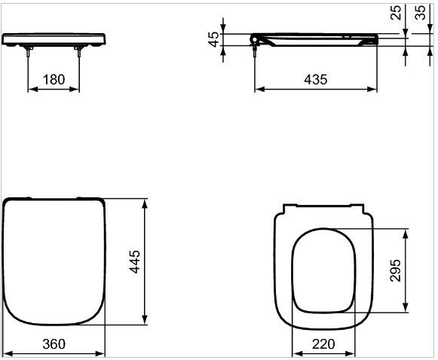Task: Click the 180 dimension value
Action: pyautogui.click(x=54, y=80)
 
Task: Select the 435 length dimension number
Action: pyautogui.click(x=316, y=80)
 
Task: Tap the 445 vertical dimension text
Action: pyautogui.click(x=135, y=261)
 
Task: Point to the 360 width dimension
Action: pyautogui.click(x=54, y=344)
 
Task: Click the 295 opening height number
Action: pyautogui.click(x=396, y=270)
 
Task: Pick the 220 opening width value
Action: pyautogui.click(x=323, y=344)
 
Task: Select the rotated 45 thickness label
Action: pyautogui.click(x=214, y=39)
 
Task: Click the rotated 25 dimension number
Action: pyautogui.click(x=396, y=13)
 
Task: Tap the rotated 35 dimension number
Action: pyautogui.click(x=421, y=13)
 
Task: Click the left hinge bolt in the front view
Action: pyautogui.click(x=28, y=52)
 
